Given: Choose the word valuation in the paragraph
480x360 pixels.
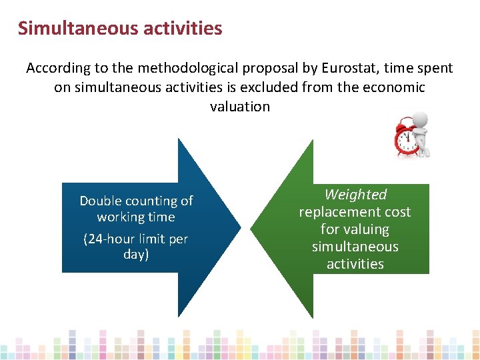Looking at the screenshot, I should (240, 107).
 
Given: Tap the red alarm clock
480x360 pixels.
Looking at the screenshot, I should (406, 137).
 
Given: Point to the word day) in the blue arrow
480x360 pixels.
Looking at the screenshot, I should (136, 255).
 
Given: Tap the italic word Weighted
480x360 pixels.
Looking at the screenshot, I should (355, 195).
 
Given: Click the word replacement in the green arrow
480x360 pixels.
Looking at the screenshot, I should (355, 212).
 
